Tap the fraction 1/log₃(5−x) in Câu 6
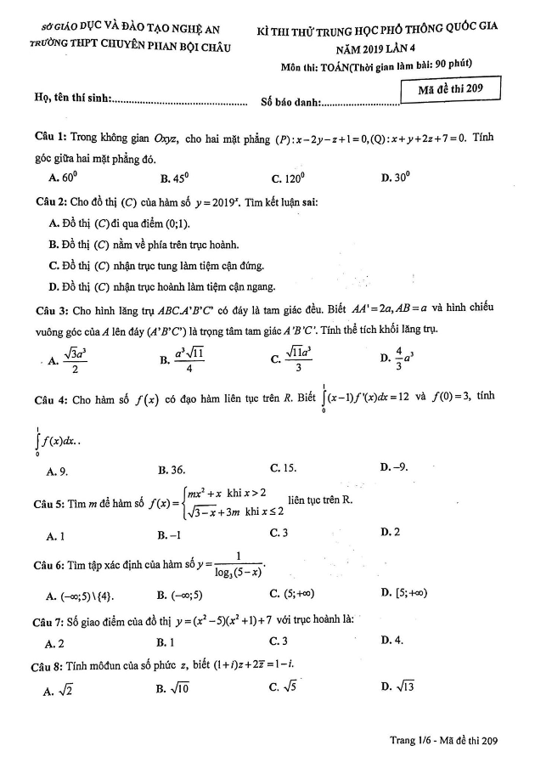[240, 565]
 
